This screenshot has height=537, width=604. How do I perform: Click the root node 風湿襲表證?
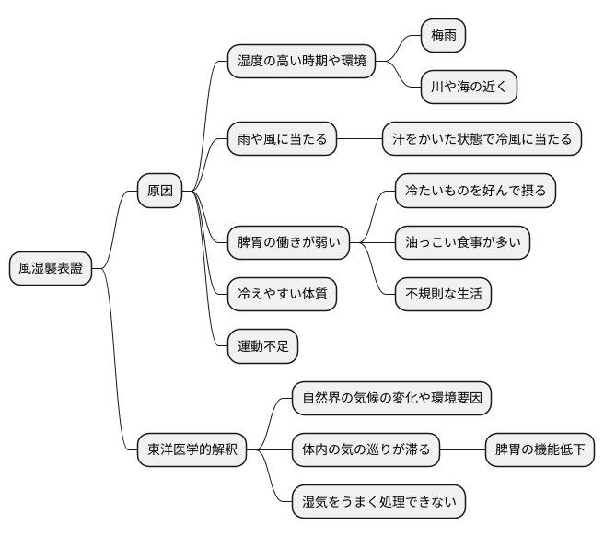click(x=51, y=269)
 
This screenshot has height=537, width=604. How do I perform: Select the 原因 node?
click(x=159, y=192)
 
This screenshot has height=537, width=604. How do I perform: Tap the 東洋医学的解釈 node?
click(x=192, y=450)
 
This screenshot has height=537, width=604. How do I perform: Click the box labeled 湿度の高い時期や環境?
click(x=301, y=62)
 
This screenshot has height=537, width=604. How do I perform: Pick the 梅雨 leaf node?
click(x=443, y=36)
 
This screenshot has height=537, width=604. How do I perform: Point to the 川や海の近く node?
click(x=469, y=88)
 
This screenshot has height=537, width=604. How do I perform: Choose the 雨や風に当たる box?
click(x=282, y=140)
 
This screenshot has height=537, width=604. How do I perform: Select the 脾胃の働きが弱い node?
click(x=288, y=243)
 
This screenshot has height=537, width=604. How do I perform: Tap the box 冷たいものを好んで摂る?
click(x=475, y=192)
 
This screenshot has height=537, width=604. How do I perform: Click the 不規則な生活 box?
click(x=443, y=295)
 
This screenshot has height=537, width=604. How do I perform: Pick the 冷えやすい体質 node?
click(x=282, y=295)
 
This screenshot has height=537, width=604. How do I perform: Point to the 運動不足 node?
click(x=262, y=346)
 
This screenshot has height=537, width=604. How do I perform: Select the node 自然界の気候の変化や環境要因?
click(x=391, y=399)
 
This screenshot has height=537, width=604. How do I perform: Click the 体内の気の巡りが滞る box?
click(x=366, y=450)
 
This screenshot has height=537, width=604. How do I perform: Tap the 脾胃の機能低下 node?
click(x=540, y=450)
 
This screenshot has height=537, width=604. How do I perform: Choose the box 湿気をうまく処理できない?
click(x=378, y=502)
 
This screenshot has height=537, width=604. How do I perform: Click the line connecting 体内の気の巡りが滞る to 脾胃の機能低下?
click(x=462, y=450)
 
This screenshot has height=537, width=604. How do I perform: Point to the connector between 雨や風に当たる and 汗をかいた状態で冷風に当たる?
click(x=360, y=140)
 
